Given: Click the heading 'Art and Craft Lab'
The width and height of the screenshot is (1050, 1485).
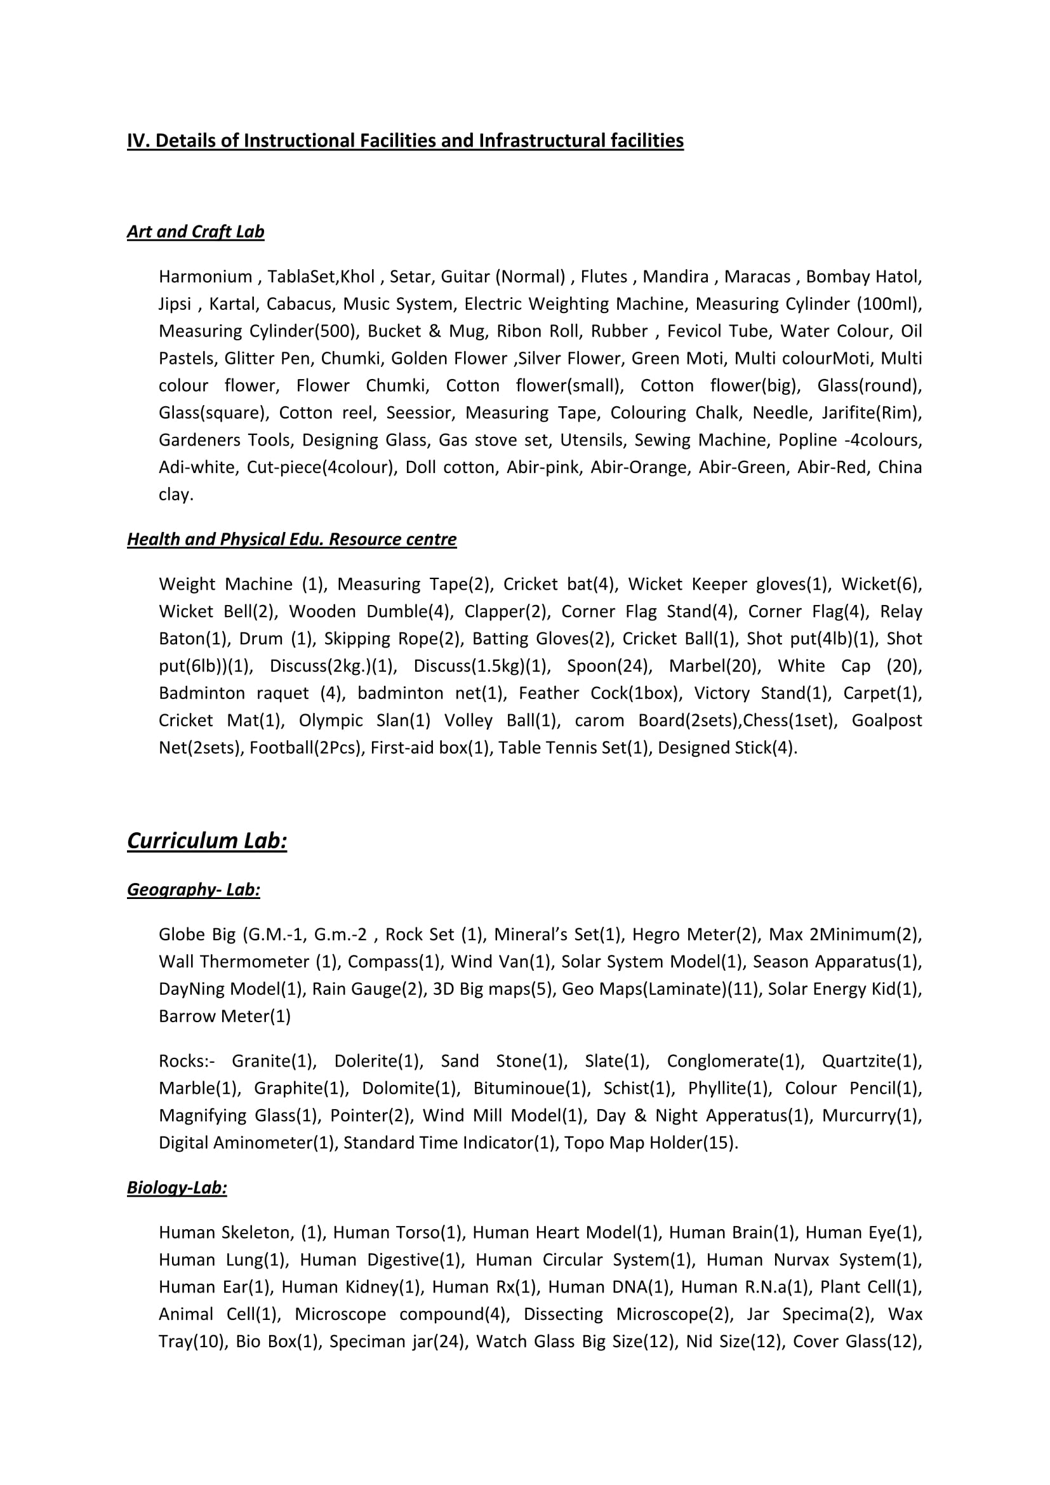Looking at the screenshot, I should pos(196,232).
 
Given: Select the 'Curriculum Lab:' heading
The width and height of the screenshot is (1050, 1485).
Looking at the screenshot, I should pos(207,840).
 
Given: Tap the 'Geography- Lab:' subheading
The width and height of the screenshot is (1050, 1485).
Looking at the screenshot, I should pos(194,889).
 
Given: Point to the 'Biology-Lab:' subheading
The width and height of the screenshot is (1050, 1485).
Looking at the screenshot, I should pos(176,1187).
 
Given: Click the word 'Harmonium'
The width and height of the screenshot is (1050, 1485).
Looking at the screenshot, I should pos(205,277).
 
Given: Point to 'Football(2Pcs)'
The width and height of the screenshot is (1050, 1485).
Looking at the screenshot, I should pos(305,748).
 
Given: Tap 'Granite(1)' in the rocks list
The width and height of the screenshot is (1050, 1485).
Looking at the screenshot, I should pos(274,1062).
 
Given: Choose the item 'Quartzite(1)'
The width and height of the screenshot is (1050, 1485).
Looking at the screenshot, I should pos(872,1062).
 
